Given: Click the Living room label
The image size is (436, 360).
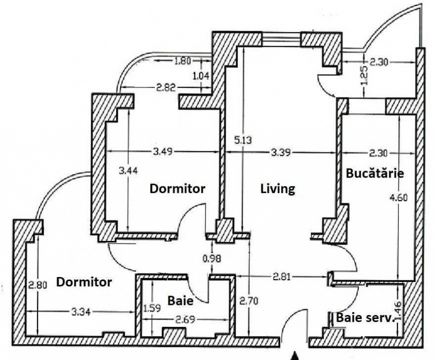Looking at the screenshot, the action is click(277, 189).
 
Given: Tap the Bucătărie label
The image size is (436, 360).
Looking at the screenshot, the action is click(375, 173).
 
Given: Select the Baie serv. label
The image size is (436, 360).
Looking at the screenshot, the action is click(365, 317).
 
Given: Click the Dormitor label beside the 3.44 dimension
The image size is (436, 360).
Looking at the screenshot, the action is click(177, 188).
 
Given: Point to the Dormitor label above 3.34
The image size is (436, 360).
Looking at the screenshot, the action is click(84, 282).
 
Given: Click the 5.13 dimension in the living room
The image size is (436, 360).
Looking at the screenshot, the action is click(243, 140).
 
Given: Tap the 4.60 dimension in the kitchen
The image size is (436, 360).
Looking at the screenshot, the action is click(398, 198).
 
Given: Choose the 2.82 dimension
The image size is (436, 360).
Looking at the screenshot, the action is click(166, 88).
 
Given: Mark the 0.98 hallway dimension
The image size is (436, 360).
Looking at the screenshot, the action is click(212, 258).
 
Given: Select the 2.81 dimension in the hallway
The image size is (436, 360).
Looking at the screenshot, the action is click(281, 277).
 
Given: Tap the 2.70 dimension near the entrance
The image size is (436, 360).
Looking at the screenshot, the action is click(249, 301).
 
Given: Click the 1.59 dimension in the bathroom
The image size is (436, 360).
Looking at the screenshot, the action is click(152, 308).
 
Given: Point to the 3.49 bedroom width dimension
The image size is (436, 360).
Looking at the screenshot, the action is click(163, 151).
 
